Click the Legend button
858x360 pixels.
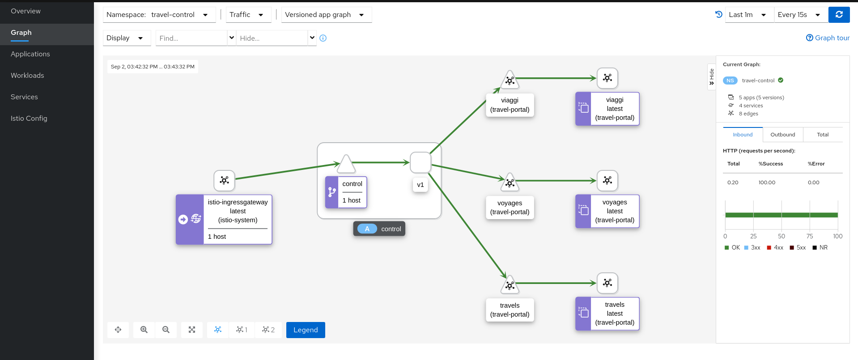(x=306, y=330)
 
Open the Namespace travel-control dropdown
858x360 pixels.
(x=159, y=15)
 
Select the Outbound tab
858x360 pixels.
(x=782, y=135)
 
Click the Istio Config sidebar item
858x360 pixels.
(x=29, y=119)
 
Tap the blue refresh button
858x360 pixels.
(x=839, y=15)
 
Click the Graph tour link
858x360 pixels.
(x=828, y=38)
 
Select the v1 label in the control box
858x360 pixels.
(x=420, y=185)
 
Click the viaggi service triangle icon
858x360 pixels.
(x=510, y=80)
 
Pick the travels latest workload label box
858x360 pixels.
(x=614, y=313)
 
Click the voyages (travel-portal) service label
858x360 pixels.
(x=510, y=208)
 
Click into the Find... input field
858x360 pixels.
(x=191, y=38)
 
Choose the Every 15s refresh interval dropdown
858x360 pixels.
(x=799, y=15)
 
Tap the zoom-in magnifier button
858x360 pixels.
(x=144, y=330)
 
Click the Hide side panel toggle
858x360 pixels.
(x=711, y=77)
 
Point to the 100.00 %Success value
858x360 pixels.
(x=767, y=182)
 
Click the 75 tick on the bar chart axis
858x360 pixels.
(x=810, y=236)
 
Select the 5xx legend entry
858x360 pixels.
(x=798, y=248)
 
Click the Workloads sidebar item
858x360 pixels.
(x=28, y=76)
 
